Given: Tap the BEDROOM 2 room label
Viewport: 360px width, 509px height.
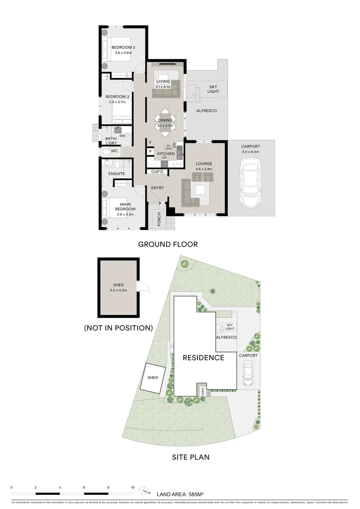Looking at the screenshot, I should tap(123, 48).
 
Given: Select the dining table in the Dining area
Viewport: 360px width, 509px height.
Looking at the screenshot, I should tap(165, 121).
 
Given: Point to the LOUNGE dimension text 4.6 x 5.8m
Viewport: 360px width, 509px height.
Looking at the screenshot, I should tap(205, 169).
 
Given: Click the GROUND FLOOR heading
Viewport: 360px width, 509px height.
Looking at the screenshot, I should tap(167, 244).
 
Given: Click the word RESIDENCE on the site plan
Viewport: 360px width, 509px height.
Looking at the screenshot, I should tap(203, 358).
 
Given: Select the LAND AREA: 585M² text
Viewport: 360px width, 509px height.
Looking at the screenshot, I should tap(180, 494).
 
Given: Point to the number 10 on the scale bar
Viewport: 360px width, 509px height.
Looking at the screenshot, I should tap(132, 488).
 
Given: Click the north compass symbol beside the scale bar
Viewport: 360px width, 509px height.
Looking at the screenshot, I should tap(147, 490).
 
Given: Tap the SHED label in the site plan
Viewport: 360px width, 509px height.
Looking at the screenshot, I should tap(153, 378).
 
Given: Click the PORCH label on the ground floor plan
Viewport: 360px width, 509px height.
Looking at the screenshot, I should tap(159, 220).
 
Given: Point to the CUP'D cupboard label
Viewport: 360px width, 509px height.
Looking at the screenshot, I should tap(157, 172).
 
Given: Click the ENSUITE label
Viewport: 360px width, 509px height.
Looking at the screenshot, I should tap(116, 174).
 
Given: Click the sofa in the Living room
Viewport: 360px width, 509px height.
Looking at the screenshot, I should tap(170, 89).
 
